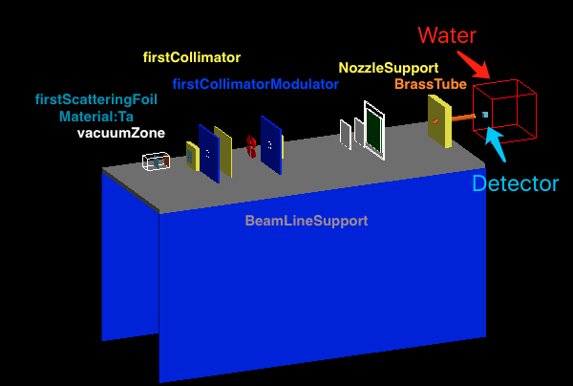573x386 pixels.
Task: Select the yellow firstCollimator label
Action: click(192, 57)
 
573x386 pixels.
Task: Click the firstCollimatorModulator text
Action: click(256, 84)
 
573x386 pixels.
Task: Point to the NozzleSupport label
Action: click(388, 68)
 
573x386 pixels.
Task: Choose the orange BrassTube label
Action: click(432, 84)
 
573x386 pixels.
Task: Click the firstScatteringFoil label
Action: click(96, 99)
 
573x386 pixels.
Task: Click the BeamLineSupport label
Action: click(307, 221)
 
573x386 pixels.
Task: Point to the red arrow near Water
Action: click(474, 63)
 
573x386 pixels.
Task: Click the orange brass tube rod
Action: click(460, 118)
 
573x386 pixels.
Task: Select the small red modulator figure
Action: click(251, 145)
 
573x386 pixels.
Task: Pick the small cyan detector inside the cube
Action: click(485, 115)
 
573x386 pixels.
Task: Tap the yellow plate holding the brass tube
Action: click(438, 121)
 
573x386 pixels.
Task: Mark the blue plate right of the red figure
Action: click(271, 145)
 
